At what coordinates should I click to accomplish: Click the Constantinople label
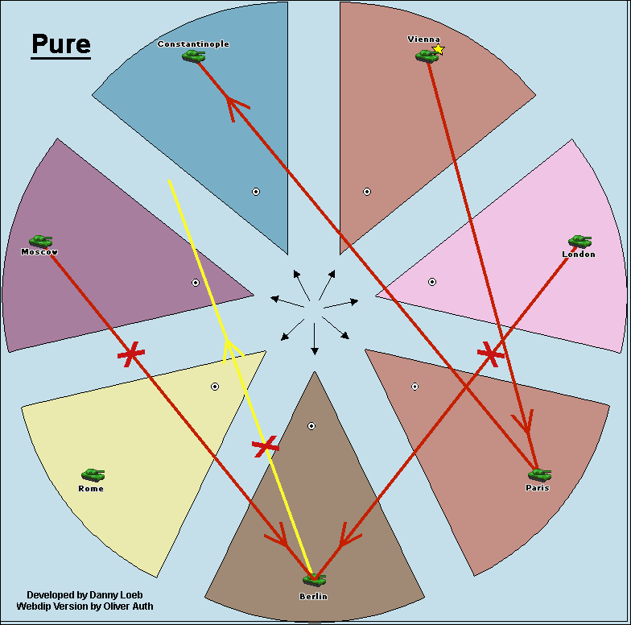click(x=193, y=44)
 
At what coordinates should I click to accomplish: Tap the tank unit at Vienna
click(x=426, y=56)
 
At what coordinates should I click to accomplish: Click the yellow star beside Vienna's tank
click(x=439, y=49)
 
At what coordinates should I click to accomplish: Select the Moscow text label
click(x=39, y=252)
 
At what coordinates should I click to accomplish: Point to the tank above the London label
click(x=579, y=241)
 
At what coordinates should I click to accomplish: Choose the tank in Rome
click(x=93, y=475)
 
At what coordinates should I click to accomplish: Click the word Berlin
click(x=312, y=596)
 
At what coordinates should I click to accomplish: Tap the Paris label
click(x=537, y=487)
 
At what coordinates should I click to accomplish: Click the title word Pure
click(x=61, y=45)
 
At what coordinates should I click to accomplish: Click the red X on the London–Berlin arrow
click(x=490, y=352)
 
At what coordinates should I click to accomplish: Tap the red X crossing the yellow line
click(x=266, y=446)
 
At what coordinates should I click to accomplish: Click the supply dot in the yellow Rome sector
click(x=215, y=387)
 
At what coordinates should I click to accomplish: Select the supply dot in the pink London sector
click(x=432, y=282)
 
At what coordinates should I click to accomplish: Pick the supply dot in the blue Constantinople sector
click(x=256, y=192)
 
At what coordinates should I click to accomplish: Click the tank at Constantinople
click(x=193, y=56)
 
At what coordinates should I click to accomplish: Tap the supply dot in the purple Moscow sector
click(x=196, y=283)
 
